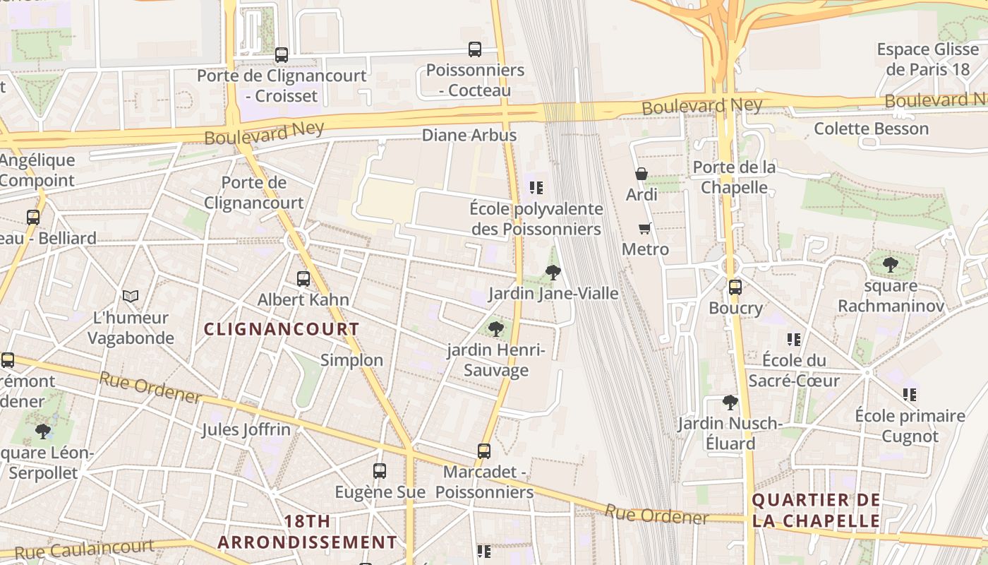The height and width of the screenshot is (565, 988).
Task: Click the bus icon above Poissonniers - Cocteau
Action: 475,49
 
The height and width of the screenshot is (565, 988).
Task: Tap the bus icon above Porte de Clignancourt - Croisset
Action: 282,54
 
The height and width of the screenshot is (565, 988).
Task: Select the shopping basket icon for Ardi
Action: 641,174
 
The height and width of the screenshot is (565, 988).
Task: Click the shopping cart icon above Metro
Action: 644,228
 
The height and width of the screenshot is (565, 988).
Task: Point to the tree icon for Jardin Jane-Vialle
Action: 553,272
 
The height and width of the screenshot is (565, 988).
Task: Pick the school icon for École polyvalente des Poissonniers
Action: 536,188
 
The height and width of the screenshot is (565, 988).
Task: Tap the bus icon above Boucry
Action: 735,287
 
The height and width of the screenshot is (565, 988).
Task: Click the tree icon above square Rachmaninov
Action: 891,265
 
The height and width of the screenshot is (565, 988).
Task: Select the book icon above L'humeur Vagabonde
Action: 131,296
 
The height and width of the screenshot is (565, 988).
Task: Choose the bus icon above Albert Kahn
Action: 303,278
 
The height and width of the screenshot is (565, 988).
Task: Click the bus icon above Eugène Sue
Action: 380,470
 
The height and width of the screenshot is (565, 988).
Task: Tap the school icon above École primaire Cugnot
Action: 910,394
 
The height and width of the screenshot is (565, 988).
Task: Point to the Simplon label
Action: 352,360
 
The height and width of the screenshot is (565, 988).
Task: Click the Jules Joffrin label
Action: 246,429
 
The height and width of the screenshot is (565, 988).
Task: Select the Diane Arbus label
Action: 469,135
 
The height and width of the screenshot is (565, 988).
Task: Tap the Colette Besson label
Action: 872,129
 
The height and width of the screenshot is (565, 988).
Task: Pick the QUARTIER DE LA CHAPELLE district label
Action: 817,511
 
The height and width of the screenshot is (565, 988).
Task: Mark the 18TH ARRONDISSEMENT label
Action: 307,532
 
